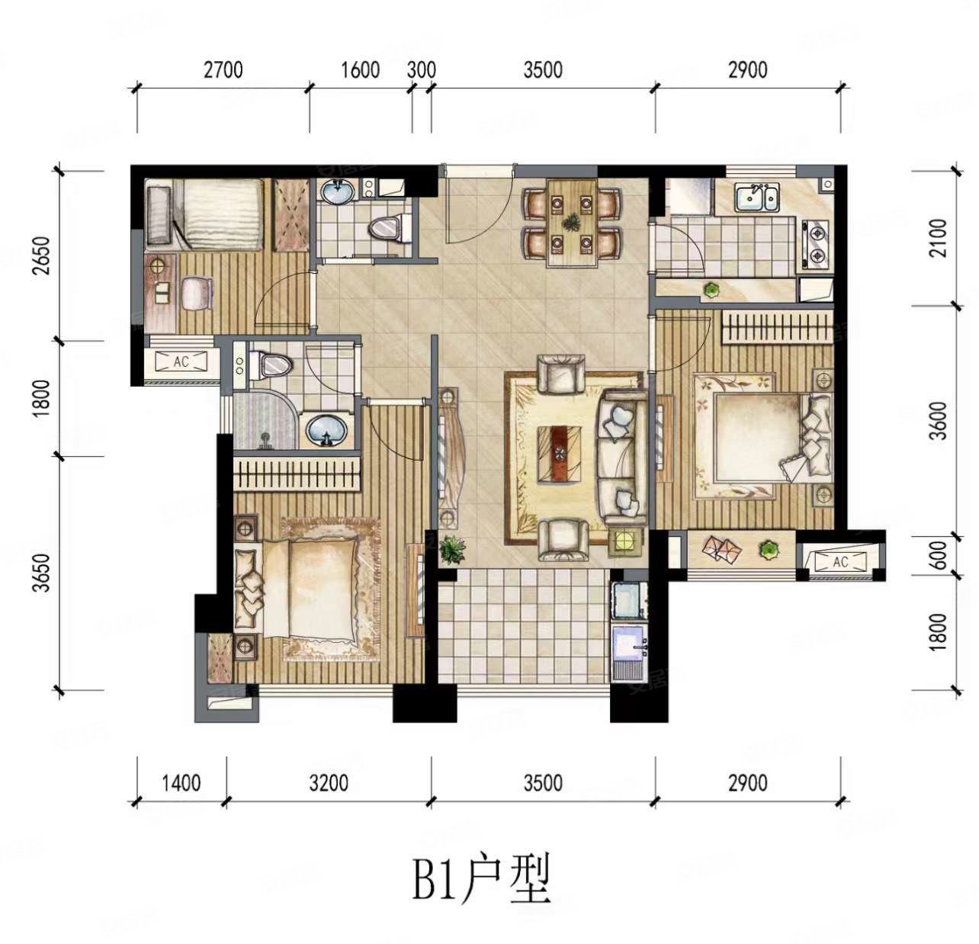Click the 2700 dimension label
tap(223, 70)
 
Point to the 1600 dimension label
tap(360, 70)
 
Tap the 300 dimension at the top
tap(422, 70)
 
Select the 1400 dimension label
tap(181, 782)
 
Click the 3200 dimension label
tap(329, 782)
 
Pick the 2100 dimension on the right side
tap(939, 238)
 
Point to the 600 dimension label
tap(939, 554)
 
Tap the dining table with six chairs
tap(571, 223)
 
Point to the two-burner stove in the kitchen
tap(814, 245)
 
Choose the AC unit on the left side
tap(181, 361)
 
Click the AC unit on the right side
tap(840, 562)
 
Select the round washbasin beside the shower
tap(327, 431)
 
